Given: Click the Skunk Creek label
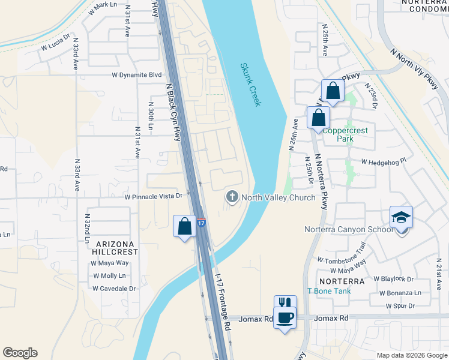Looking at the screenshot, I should coord(250,85).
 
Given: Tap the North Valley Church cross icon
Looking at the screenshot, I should coord(232,197).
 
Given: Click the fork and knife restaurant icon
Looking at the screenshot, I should coord(285,304).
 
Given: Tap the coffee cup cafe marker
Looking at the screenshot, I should coord(285,317).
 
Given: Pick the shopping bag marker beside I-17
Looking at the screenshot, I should coord(184,227).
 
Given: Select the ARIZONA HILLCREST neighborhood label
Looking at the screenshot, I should coord(114,248).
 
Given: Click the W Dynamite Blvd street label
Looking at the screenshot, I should coord(137,75).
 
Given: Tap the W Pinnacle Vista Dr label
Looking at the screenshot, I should coord(153,196).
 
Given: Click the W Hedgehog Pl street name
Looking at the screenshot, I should coord(384,161).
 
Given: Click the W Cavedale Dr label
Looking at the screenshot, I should coord(114,288).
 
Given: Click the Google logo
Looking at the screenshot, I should coord(20,353).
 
